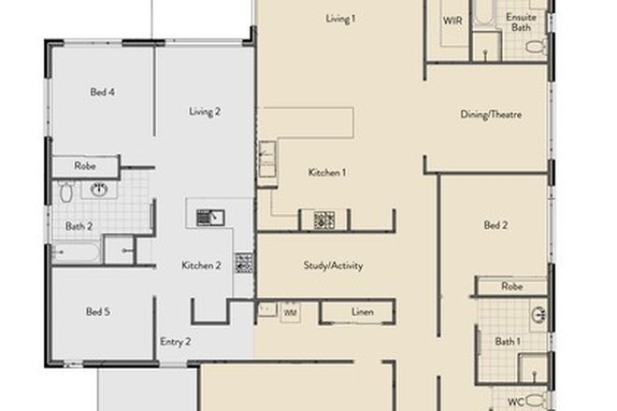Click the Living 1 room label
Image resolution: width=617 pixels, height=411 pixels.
[340, 19]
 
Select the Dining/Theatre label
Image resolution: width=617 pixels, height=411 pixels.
[490, 115]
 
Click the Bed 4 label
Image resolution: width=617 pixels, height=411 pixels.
[102, 92]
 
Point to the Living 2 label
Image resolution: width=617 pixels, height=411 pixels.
[205, 111]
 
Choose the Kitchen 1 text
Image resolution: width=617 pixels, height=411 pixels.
[327, 172]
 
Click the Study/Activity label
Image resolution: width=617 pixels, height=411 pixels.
[333, 265]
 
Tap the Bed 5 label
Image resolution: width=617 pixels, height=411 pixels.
[98, 311]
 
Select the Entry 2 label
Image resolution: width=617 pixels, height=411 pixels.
[175, 342]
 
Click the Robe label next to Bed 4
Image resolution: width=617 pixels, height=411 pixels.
[85, 167]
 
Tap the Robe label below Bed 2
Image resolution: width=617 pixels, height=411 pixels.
[510, 286]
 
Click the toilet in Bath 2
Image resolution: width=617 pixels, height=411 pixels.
[66, 193]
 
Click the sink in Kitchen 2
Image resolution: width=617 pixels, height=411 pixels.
[210, 218]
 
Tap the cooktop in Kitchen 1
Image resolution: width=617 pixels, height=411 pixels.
[323, 220]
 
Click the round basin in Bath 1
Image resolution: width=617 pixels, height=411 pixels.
[538, 315]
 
